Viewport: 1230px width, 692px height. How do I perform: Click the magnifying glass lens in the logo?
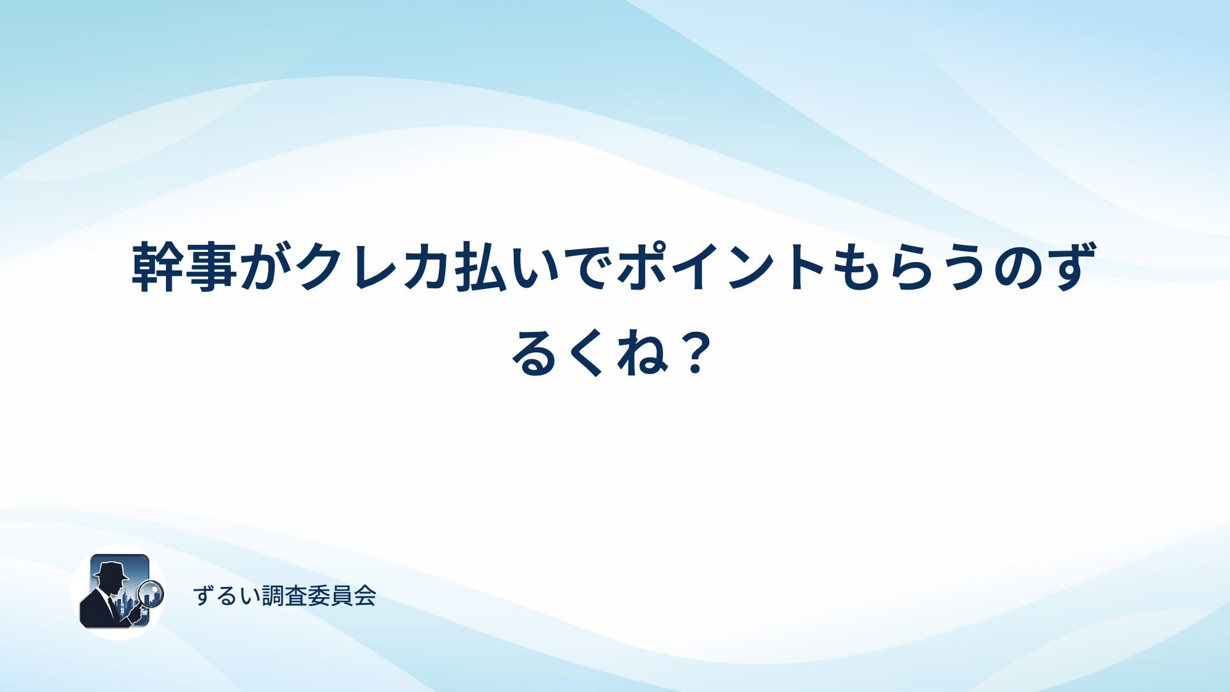pyautogui.click(x=151, y=593)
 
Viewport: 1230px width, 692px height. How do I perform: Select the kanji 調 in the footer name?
pyautogui.click(x=274, y=597)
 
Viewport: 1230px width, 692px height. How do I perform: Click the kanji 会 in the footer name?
pyautogui.click(x=365, y=597)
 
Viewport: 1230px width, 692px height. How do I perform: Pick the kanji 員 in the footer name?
pyautogui.click(x=342, y=597)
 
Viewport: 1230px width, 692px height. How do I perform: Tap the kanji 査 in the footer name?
pyautogui.click(x=297, y=597)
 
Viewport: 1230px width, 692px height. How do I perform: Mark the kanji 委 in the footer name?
pyautogui.click(x=320, y=597)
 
